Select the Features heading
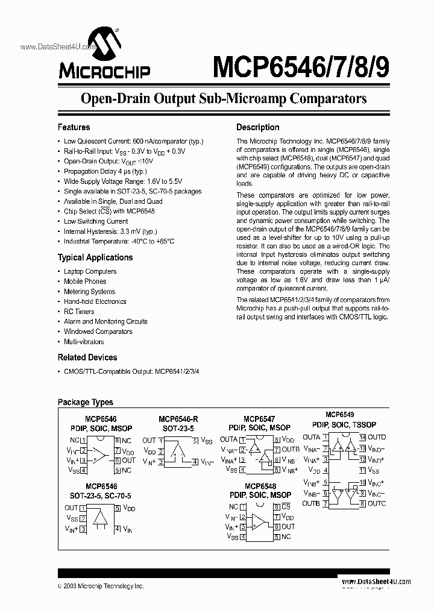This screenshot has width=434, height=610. click(x=74, y=127)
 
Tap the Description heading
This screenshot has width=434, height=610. click(x=257, y=127)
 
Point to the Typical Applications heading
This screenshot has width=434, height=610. click(x=95, y=257)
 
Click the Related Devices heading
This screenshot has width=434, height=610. click(x=87, y=357)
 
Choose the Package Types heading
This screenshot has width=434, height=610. click(x=85, y=402)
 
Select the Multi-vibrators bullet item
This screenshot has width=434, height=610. click(x=84, y=341)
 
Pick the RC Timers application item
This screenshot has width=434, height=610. click(x=79, y=312)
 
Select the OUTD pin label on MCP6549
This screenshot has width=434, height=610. click(x=377, y=437)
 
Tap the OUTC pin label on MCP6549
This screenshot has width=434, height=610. click(x=377, y=503)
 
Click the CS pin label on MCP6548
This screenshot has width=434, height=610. click(x=286, y=507)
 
